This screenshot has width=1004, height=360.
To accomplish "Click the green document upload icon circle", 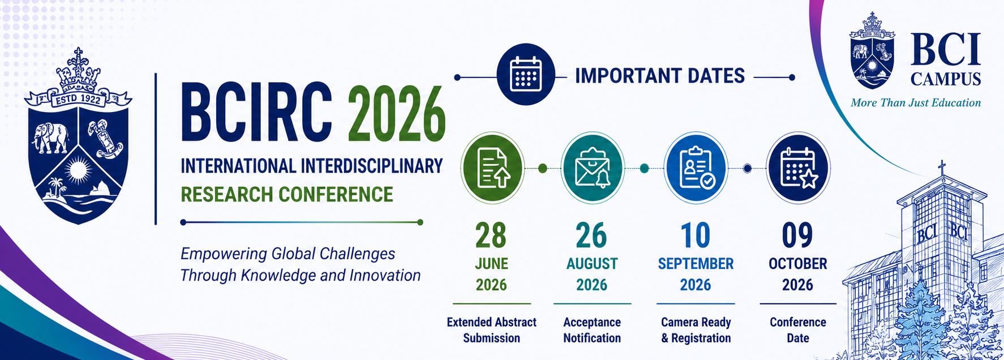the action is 492,168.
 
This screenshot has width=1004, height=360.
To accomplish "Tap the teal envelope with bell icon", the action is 593,168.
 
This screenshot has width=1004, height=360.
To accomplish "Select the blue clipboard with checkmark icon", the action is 696,168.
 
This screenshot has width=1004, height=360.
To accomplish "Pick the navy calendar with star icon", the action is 798,168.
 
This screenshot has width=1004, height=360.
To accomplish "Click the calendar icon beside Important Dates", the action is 526,74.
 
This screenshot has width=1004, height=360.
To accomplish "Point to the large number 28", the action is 491,235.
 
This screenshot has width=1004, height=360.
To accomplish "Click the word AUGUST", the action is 592,264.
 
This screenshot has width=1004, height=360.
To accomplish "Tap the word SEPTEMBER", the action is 696,264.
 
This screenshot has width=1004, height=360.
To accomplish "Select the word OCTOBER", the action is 798,264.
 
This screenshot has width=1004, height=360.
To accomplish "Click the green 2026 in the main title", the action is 396,113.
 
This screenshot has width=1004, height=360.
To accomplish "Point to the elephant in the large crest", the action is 51,138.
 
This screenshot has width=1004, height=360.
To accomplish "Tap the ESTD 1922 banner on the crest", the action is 78,100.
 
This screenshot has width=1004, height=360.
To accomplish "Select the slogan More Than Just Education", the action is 916,103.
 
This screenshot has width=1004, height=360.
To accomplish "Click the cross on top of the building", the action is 942,168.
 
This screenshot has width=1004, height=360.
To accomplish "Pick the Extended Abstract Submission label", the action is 491,330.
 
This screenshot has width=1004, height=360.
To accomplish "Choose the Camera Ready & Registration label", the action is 696,330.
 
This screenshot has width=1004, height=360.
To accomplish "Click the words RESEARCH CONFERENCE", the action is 287,194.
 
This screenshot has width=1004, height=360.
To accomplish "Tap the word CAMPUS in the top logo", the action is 946,79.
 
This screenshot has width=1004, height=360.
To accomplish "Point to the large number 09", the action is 797,235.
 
